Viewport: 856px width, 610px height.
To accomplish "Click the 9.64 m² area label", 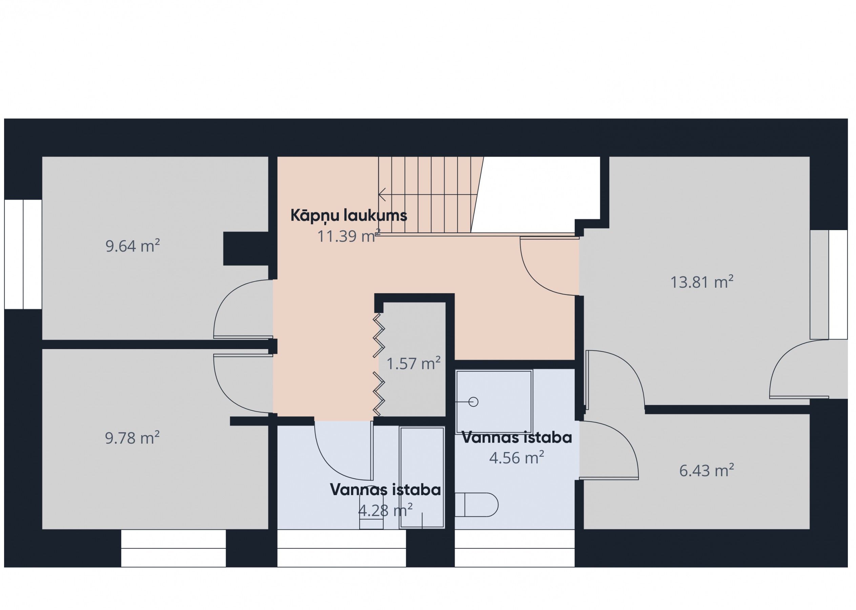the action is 133,246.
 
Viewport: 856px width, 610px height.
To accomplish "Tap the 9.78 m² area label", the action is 132,438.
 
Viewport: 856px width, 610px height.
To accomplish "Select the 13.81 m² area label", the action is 701,282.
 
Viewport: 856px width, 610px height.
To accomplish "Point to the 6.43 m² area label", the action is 707,470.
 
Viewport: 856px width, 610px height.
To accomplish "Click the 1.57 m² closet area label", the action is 413,364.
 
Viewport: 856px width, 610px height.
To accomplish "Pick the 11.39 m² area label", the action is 349,236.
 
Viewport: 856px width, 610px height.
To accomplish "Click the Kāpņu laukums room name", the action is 349,216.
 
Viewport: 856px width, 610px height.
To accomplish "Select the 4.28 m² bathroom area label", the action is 385,510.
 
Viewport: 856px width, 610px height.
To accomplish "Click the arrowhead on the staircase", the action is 382,195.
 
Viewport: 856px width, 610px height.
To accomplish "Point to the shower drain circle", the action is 473,402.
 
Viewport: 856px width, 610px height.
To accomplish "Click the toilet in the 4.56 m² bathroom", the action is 476,505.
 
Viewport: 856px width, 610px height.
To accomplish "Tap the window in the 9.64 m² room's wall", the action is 23,254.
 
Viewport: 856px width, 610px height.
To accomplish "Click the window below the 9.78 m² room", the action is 174,548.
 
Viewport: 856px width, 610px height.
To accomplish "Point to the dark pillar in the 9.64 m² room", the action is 246,249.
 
